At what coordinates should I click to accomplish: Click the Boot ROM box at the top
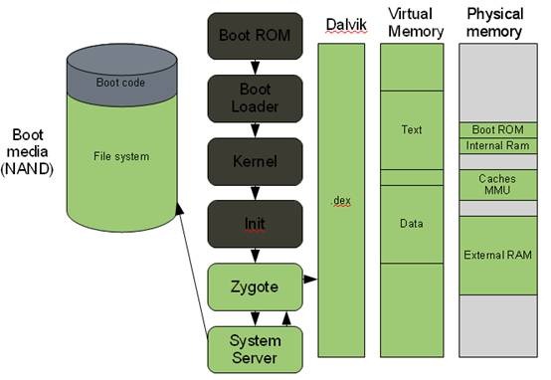[254, 36]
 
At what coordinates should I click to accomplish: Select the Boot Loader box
[254, 97]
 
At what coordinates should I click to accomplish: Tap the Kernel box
[254, 159]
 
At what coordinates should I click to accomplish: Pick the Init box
[254, 221]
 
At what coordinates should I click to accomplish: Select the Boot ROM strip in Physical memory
[497, 130]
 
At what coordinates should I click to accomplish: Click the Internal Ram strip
[497, 146]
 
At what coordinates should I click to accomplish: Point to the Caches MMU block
[497, 183]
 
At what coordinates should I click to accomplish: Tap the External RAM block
[497, 255]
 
